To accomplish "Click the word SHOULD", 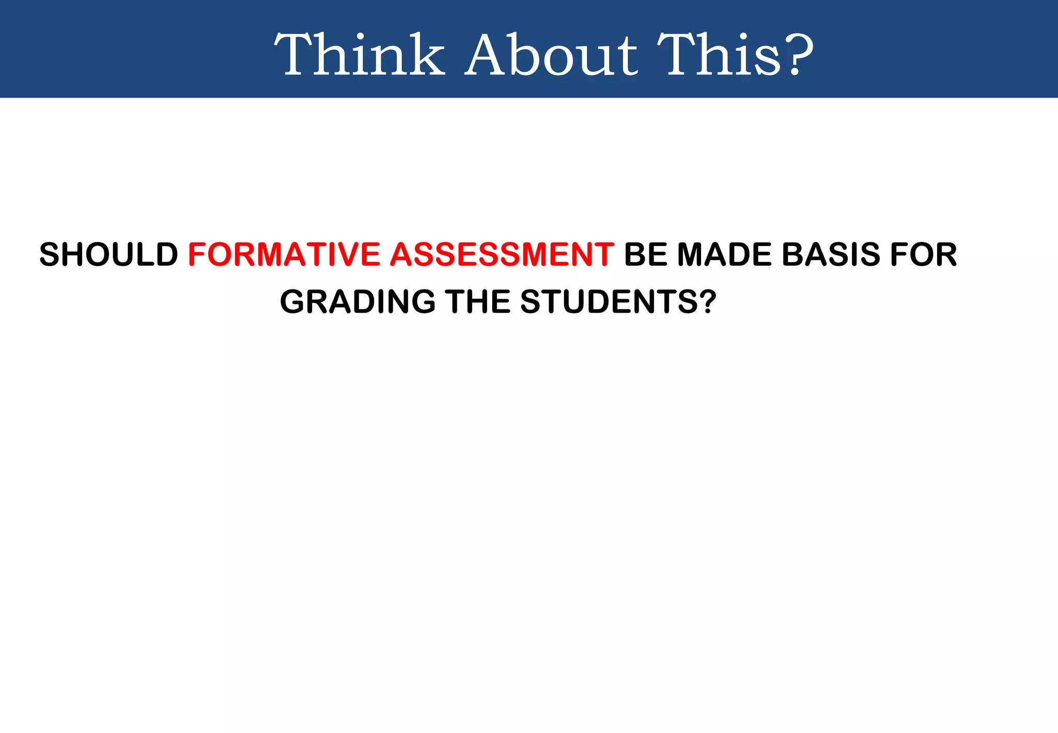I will [108, 254].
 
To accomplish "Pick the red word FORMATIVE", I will [284, 254].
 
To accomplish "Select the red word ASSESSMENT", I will [502, 254].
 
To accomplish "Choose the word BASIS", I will [831, 254].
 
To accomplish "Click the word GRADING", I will [357, 301].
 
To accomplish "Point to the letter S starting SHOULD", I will [50, 254].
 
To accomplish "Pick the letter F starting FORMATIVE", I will [197, 254].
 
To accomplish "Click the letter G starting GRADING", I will [292, 301].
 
